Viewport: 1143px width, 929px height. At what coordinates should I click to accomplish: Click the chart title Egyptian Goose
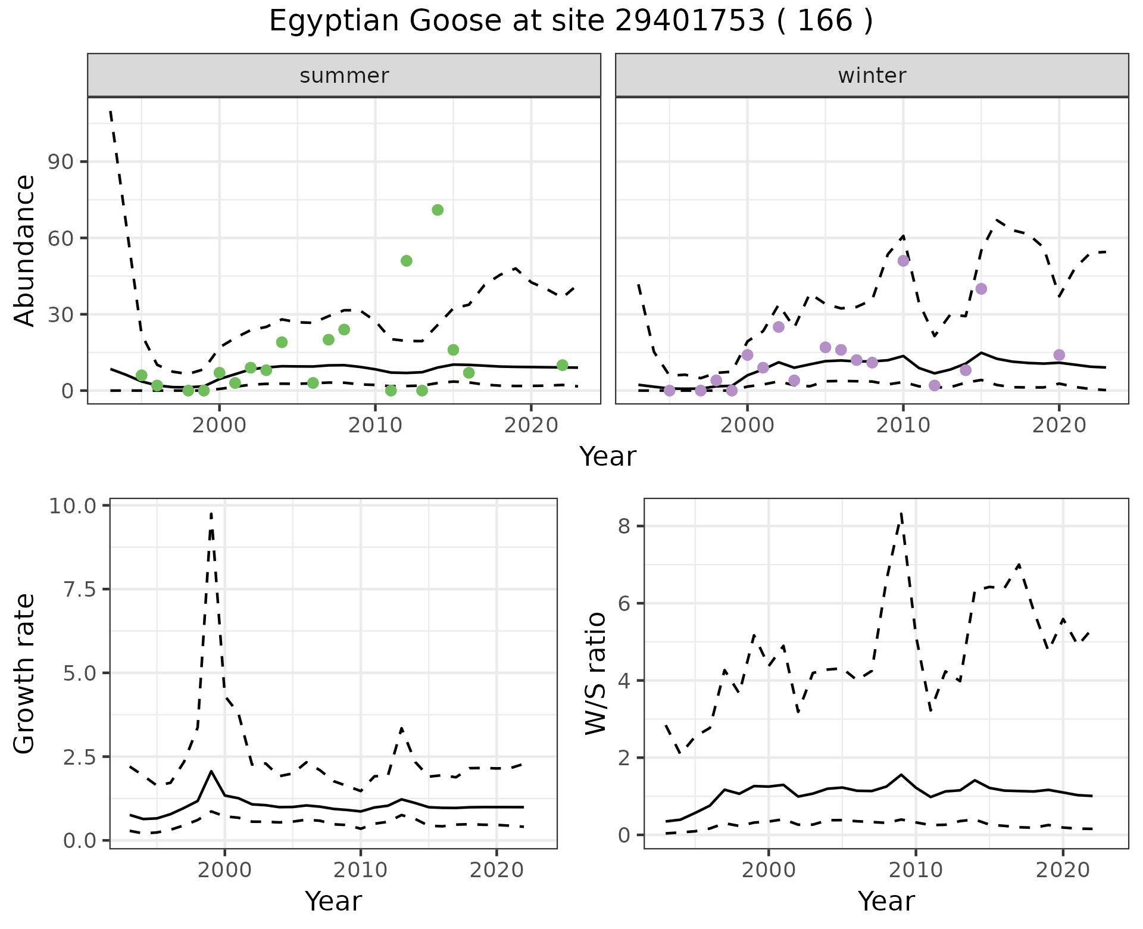coord(570,21)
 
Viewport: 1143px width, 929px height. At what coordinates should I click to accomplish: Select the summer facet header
coord(344,76)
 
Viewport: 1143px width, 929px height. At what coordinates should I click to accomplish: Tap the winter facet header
coord(872,76)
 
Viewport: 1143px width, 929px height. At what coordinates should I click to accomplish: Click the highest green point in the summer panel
coord(438,210)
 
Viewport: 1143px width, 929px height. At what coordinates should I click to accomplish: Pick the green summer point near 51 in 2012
coord(407,261)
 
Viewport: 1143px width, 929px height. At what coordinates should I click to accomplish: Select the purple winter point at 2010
coord(903,261)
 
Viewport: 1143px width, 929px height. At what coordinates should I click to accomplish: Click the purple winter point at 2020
coord(1059,355)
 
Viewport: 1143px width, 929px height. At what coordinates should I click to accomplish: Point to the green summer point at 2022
coord(562,365)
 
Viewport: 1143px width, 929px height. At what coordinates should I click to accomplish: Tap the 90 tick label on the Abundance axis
coord(60,162)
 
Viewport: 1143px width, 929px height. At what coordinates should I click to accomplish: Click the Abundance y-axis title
coord(25,250)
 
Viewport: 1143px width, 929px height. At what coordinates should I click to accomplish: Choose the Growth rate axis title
coord(25,674)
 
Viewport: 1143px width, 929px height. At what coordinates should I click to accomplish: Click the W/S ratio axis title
coord(595,674)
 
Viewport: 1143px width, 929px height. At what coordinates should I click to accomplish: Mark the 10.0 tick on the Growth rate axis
coord(73,506)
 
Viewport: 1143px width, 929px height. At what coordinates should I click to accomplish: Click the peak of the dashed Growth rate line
coord(211,513)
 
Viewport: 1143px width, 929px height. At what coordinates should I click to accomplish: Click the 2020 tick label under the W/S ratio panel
coord(1063,870)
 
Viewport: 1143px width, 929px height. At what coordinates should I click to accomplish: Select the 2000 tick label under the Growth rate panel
coord(224,870)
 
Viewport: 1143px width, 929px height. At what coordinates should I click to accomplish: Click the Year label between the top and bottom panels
coord(607,457)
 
